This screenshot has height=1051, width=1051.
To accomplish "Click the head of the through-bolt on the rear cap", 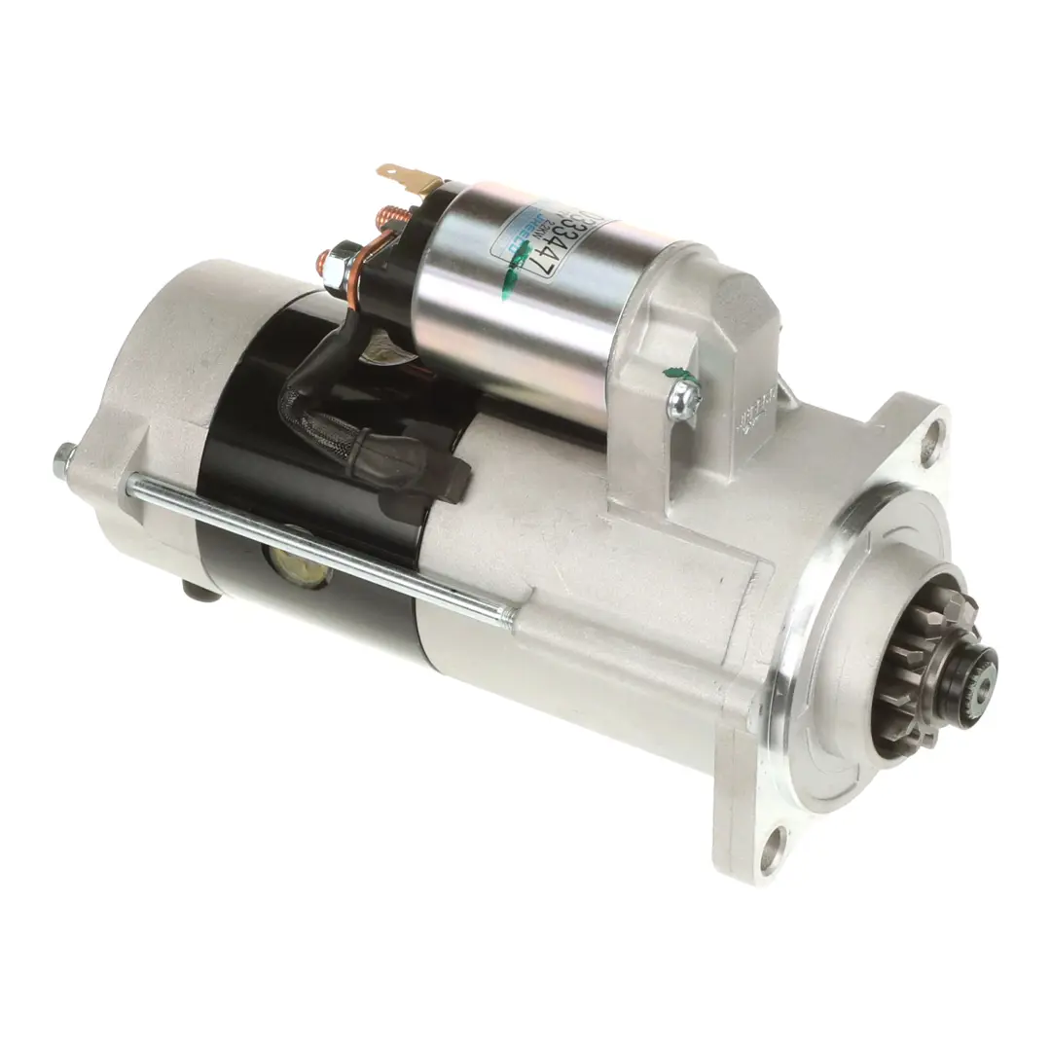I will [x=64, y=453].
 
